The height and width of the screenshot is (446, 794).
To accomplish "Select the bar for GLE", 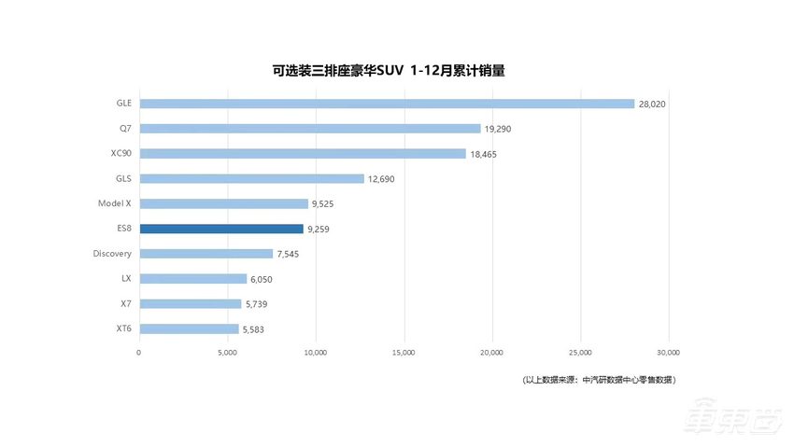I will [387, 104].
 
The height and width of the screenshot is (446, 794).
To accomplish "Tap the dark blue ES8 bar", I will [221, 229].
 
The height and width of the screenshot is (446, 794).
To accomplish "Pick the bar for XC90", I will [303, 154].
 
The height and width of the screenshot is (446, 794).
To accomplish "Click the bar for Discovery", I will [206, 254].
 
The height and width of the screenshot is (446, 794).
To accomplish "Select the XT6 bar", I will [189, 328].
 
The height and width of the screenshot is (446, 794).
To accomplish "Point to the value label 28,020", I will [653, 105].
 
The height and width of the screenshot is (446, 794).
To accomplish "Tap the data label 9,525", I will [324, 203].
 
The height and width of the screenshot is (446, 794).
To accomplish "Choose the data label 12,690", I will [382, 179].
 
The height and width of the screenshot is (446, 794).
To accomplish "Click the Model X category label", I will [114, 203].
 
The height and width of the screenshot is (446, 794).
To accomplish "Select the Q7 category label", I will [124, 129].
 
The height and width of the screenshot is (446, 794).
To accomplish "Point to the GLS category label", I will [122, 178].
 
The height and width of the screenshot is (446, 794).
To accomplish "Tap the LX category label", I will [125, 278].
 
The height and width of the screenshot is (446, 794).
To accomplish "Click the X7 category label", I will [125, 303].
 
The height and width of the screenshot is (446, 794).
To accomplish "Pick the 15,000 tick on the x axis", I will [404, 353].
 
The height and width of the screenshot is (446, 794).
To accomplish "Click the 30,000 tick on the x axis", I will [668, 353].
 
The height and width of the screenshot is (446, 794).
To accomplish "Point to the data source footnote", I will [599, 380].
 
